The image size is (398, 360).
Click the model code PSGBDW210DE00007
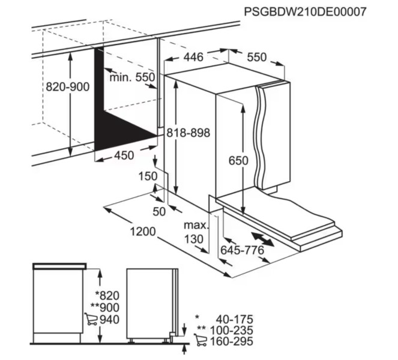pyautogui.click(x=304, y=12)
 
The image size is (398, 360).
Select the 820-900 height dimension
pyautogui.click(x=68, y=86)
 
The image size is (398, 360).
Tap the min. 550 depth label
pyautogui.click(x=133, y=77)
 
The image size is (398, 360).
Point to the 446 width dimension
pyautogui.click(x=193, y=57)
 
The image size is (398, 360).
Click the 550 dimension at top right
pyautogui.click(x=256, y=57)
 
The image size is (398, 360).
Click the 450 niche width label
pyautogui.click(x=123, y=155)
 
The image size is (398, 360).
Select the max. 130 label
pyautogui.click(x=195, y=232)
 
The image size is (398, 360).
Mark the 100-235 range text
pyautogui.click(x=234, y=330)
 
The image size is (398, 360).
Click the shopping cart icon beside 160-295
pyautogui.click(x=201, y=341)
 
